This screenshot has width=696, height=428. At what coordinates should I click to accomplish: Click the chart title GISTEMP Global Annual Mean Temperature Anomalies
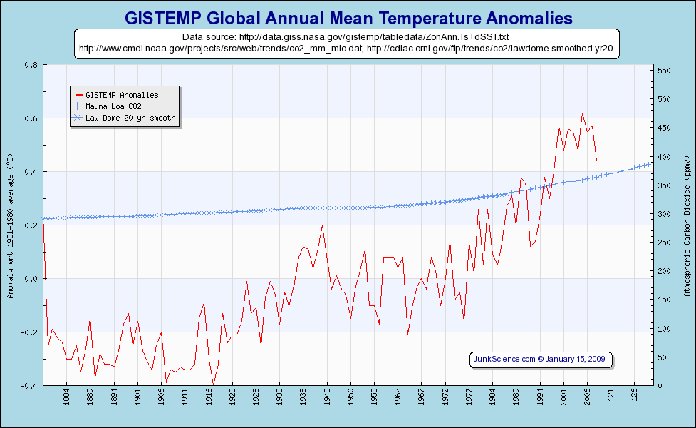tap(348, 17)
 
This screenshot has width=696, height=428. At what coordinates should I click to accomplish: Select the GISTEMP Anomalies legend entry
tap(121, 95)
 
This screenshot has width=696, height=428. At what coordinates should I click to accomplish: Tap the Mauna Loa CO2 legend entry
tap(118, 106)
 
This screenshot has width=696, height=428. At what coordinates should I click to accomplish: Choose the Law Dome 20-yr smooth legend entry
tap(130, 118)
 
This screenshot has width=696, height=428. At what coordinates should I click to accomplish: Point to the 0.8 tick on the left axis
tap(31, 65)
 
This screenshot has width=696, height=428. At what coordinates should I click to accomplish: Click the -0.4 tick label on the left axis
tap(29, 386)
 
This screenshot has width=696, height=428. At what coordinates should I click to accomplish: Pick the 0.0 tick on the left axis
tap(31, 279)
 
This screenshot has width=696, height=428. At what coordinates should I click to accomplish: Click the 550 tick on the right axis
tap(664, 71)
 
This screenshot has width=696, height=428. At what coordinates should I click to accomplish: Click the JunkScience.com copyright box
tap(541, 359)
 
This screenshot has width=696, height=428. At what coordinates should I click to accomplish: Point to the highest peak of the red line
tap(583, 113)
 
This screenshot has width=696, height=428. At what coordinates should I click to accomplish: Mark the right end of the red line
tap(596, 160)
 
